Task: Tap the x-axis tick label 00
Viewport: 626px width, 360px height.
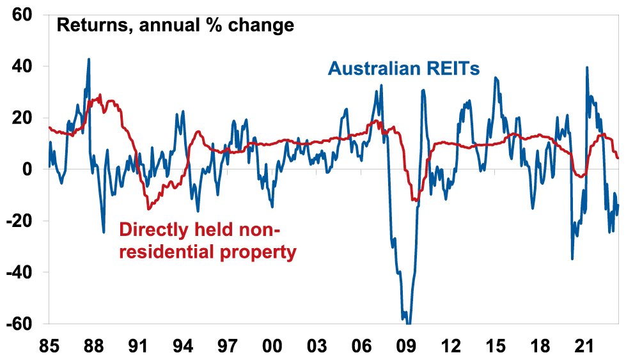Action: pyautogui.click(x=272, y=345)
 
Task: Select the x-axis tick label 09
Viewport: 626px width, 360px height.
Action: pyautogui.click(x=406, y=345)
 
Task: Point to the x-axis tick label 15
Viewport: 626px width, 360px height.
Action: pyautogui.click(x=495, y=345)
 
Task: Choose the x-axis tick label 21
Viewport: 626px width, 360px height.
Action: pyautogui.click(x=584, y=345)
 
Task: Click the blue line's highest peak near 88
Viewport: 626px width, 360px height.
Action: pyautogui.click(x=89, y=59)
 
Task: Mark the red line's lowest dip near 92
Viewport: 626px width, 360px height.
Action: pyautogui.click(x=148, y=208)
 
